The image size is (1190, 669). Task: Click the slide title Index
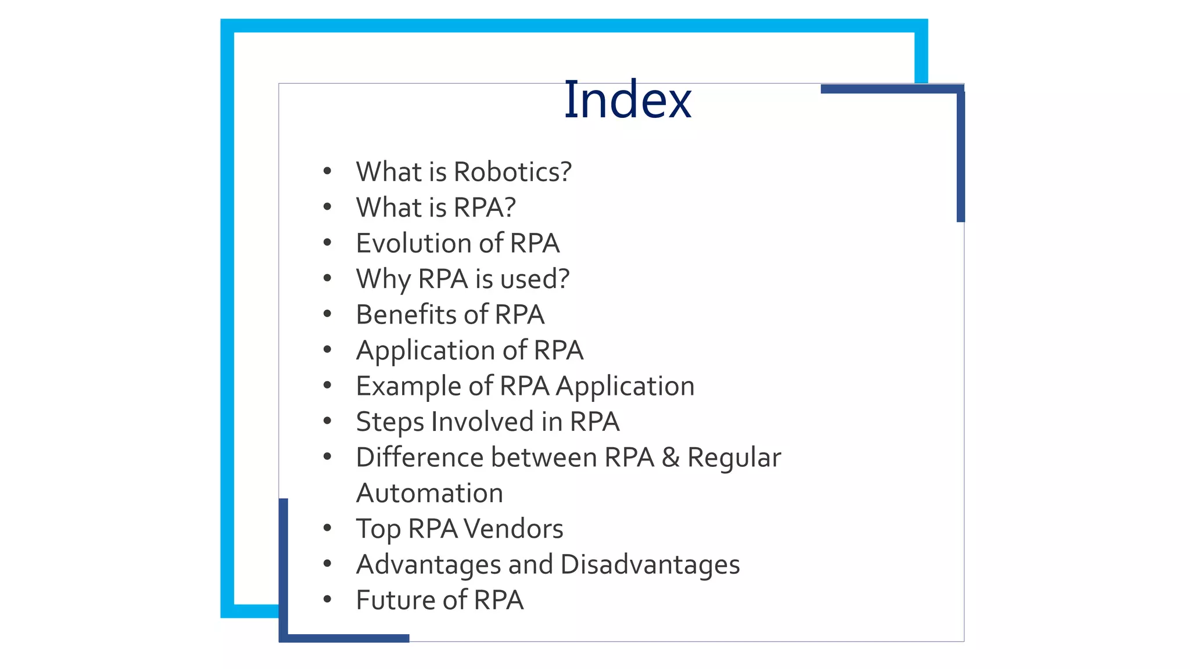(628, 100)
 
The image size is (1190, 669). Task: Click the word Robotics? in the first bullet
(512, 172)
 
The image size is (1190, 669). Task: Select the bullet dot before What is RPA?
(327, 207)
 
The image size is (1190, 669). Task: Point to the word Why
(383, 279)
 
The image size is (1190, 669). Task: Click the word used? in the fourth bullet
(535, 279)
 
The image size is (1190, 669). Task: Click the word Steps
(389, 422)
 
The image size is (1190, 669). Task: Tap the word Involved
(482, 422)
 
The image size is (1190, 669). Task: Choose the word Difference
(419, 458)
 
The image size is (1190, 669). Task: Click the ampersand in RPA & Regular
(671, 458)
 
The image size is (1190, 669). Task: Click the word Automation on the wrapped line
(429, 493)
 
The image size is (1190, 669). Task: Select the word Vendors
(513, 529)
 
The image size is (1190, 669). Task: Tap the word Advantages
(428, 565)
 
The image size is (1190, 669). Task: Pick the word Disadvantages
(650, 564)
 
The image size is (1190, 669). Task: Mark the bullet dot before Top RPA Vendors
(327, 528)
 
